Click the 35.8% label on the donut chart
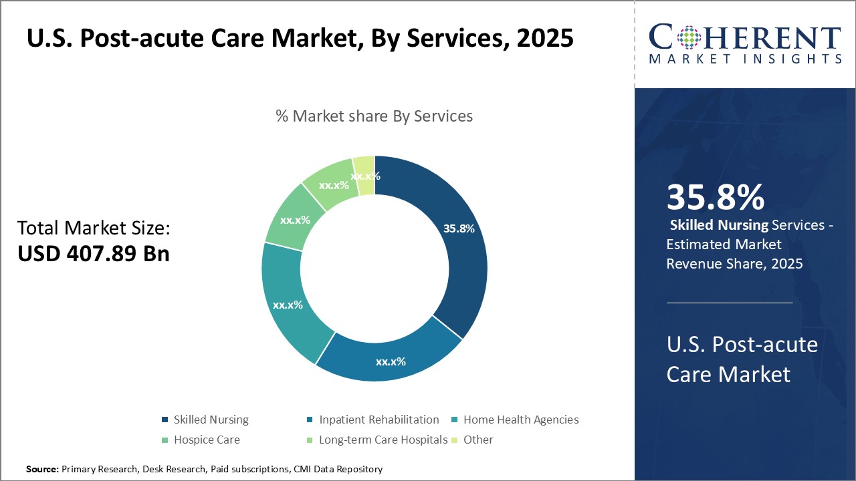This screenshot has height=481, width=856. pyautogui.click(x=459, y=228)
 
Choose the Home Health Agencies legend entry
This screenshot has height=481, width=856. pyautogui.click(x=520, y=420)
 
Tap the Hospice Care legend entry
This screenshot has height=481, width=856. pyautogui.click(x=206, y=440)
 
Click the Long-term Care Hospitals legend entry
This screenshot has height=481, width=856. pyautogui.click(x=383, y=440)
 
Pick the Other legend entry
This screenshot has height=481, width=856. pyautogui.click(x=477, y=440)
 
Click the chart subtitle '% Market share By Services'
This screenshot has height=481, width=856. pyautogui.click(x=374, y=116)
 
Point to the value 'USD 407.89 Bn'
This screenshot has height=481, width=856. pyautogui.click(x=93, y=254)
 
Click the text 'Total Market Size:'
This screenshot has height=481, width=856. pyautogui.click(x=94, y=228)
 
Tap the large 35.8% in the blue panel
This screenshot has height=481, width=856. pyautogui.click(x=715, y=197)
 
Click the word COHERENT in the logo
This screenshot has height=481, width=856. pyautogui.click(x=745, y=37)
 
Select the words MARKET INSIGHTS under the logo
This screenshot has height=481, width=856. pyautogui.click(x=745, y=59)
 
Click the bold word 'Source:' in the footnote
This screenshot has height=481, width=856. pyautogui.click(x=43, y=469)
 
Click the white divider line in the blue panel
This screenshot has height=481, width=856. pyautogui.click(x=730, y=303)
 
